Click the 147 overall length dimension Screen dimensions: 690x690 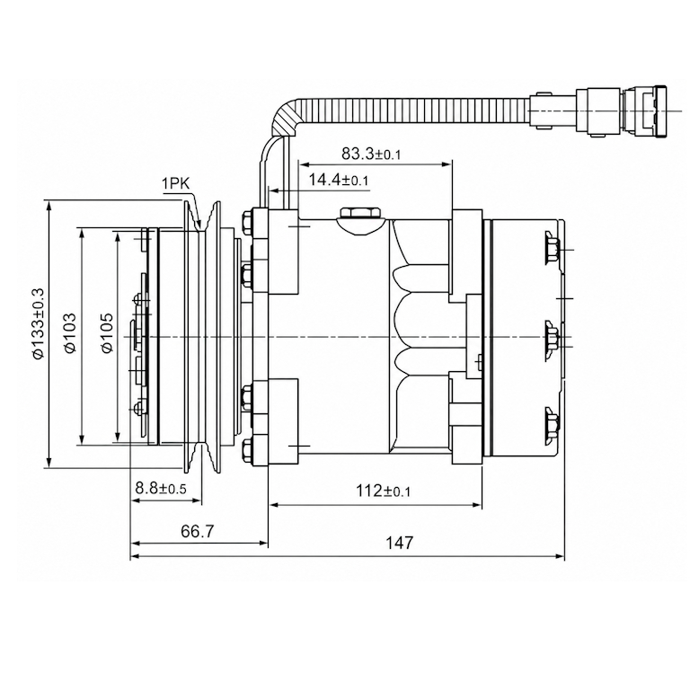pos(400,543)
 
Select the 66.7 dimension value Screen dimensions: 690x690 pos(197,531)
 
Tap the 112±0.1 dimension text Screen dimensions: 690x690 pos(383,491)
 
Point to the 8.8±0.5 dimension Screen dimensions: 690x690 pos(161,488)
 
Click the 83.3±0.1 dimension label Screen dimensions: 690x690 pos(371,154)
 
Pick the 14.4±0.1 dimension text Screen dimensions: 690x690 pos(338,180)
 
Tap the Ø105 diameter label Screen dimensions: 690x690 pos(107,332)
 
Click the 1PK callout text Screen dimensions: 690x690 pos(175,183)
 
